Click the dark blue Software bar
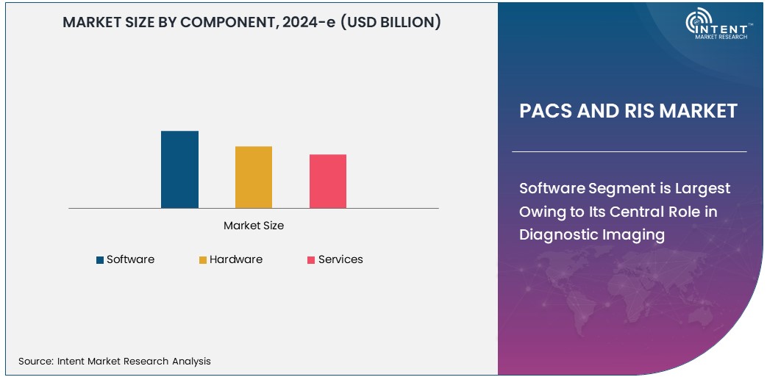[179, 170]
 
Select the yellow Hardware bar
[254, 177]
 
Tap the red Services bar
[328, 182]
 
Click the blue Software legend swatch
[100, 259]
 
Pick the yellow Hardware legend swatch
[202, 259]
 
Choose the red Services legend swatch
[311, 259]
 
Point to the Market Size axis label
[254, 226]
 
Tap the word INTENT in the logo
[728, 24]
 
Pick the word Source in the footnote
[35, 361]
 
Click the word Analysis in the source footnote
[190, 361]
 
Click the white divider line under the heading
[629, 151]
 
